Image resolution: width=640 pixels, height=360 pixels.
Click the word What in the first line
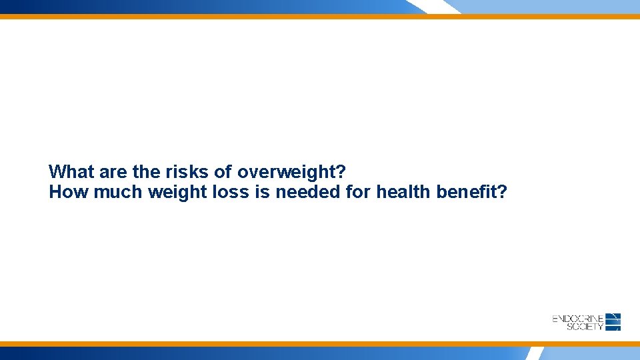[71, 172]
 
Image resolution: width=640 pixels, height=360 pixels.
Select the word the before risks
[146, 172]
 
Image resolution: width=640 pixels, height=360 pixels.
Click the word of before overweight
[224, 172]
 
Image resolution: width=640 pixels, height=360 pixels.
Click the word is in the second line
[261, 193]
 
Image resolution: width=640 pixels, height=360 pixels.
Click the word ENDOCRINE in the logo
[578, 319]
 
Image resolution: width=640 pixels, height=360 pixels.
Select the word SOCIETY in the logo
[585, 327]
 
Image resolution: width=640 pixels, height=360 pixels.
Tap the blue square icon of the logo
[614, 321]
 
